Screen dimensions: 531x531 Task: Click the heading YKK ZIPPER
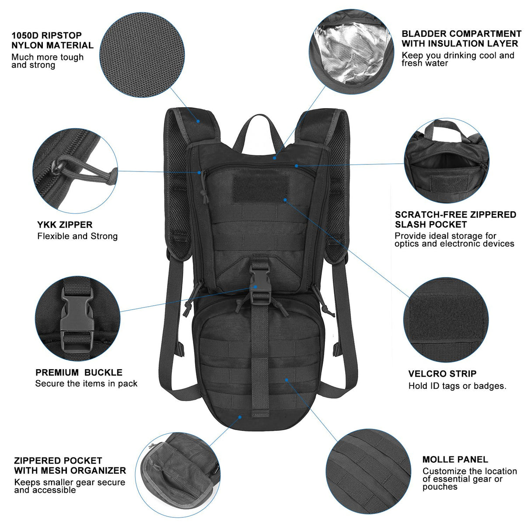[65, 225]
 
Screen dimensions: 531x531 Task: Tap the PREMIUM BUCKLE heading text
[79, 373]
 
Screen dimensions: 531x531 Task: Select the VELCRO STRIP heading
[442, 374]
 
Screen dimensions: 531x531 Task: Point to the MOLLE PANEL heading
[455, 459]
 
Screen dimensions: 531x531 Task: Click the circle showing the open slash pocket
[446, 160]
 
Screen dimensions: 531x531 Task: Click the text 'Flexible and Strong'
[77, 236]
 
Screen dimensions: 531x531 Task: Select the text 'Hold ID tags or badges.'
[457, 386]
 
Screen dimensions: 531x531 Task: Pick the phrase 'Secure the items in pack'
[86, 384]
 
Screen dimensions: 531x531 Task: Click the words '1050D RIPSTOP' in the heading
[47, 35]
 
